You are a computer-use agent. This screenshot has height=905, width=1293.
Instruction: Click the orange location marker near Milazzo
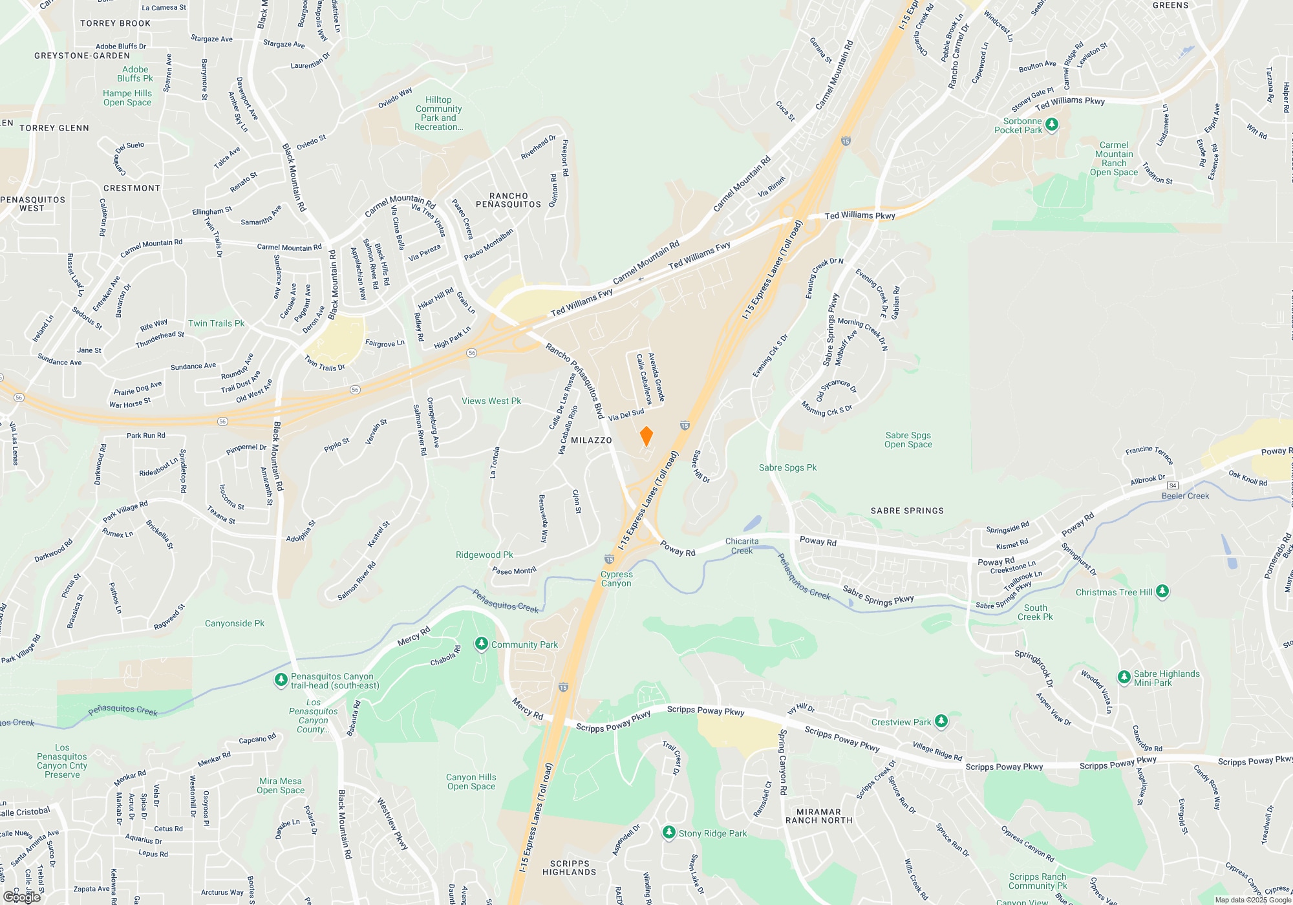[646, 436]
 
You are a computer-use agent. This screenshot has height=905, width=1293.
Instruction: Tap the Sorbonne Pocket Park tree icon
[1052, 125]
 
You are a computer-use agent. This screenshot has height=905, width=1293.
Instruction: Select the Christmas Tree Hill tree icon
[1162, 591]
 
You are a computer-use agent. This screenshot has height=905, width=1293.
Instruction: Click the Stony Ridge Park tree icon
[669, 833]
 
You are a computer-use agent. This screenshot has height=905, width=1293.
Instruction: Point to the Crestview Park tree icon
[941, 721]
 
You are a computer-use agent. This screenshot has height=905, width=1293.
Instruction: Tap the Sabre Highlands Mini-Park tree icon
[1124, 677]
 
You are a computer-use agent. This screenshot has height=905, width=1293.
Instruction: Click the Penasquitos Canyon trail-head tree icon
[281, 680]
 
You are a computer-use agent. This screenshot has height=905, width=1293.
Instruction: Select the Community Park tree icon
[481, 644]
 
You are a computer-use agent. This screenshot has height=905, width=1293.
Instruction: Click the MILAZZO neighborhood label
[591, 440]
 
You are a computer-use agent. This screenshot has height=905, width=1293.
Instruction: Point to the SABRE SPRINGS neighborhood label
[907, 511]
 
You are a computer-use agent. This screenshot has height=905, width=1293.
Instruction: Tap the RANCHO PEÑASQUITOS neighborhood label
[508, 200]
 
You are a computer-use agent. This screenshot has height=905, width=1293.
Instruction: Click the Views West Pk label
[491, 401]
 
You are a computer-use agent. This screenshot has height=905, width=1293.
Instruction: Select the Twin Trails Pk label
[216, 323]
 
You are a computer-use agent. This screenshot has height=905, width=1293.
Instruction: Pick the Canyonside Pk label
[234, 623]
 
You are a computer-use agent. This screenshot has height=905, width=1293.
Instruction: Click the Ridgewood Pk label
[484, 555]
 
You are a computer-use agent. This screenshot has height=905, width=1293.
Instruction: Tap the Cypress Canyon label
[616, 579]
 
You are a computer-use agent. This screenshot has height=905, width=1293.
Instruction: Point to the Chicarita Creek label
[742, 546]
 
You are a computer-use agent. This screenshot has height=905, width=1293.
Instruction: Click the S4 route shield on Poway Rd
[1173, 485]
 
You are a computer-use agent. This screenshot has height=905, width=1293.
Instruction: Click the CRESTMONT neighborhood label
[132, 188]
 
